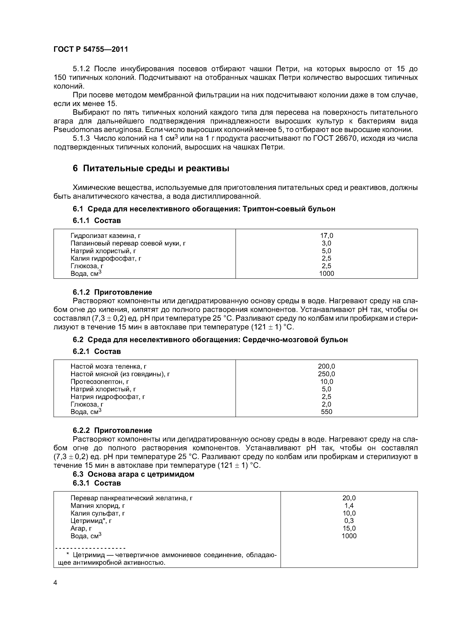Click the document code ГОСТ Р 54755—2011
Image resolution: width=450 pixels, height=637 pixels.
(x=91, y=49)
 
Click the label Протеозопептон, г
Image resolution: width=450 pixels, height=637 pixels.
(x=100, y=382)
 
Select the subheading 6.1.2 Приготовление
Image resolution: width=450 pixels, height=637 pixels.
(x=112, y=292)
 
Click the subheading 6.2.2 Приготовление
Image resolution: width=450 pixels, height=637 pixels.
(x=112, y=430)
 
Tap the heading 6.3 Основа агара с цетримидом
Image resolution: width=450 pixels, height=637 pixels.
(x=133, y=474)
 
